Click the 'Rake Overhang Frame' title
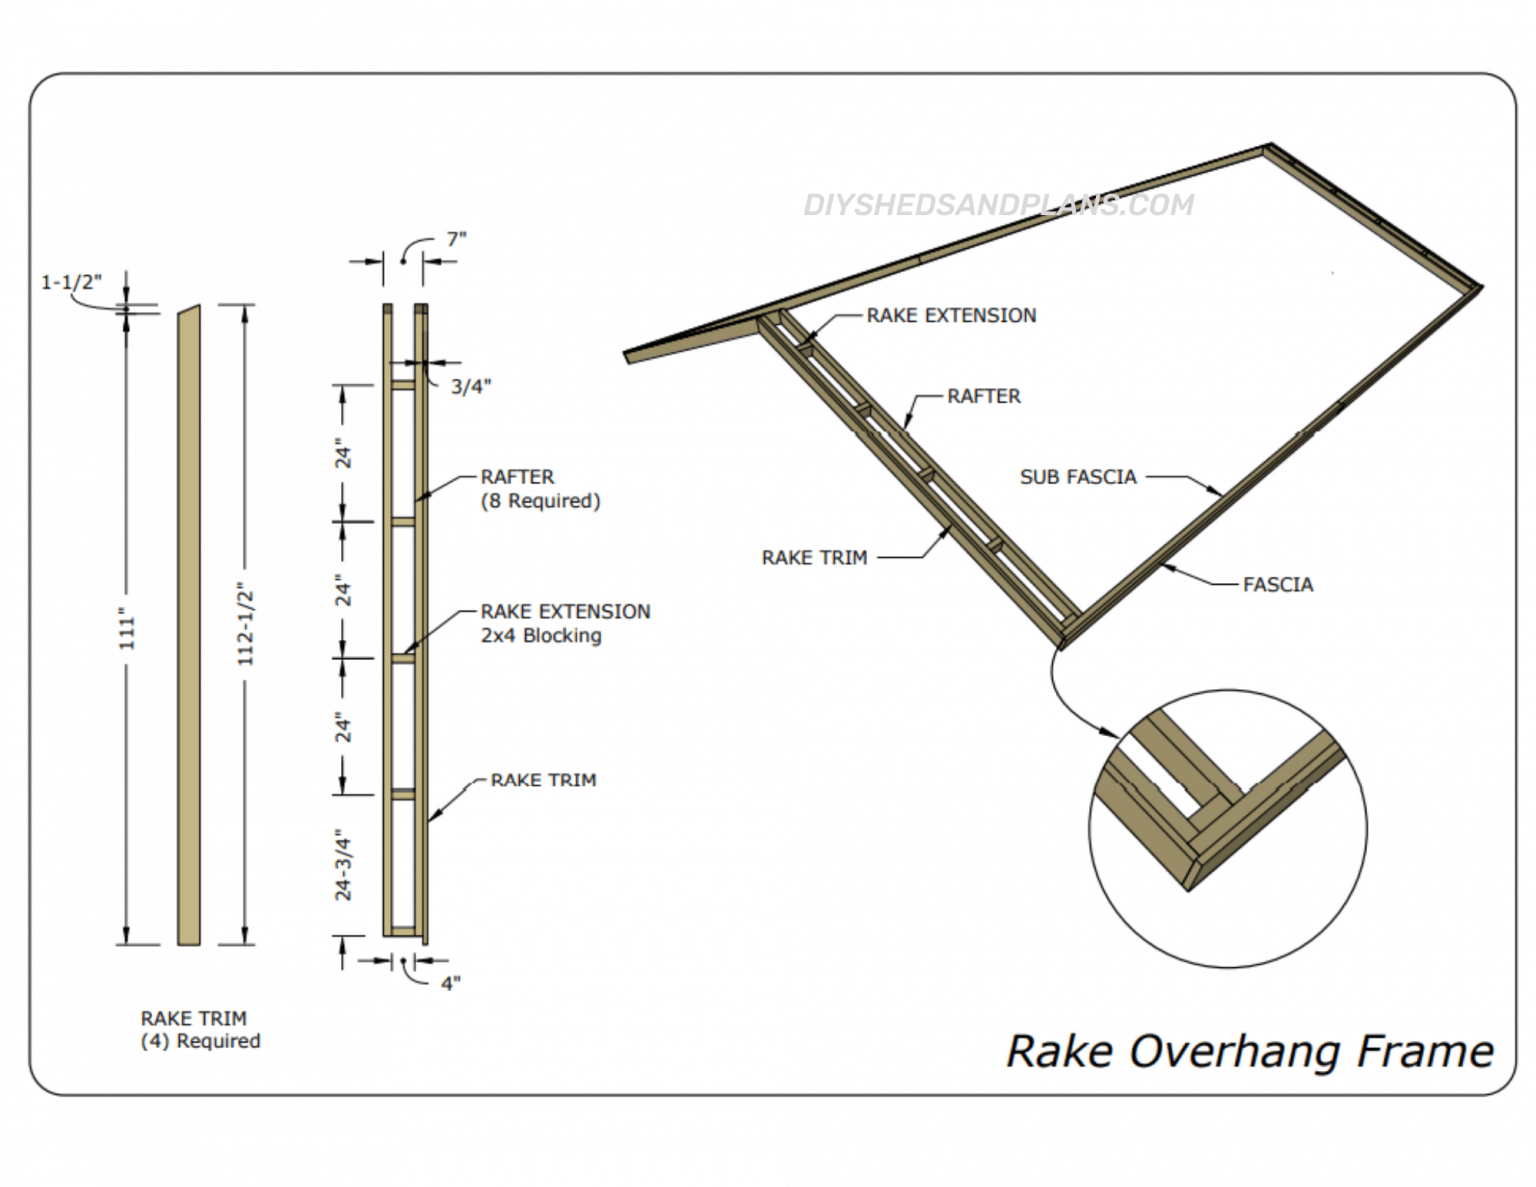point(1249,1051)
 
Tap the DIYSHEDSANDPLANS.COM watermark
point(998,205)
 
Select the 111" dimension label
point(127,628)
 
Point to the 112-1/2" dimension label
point(246,625)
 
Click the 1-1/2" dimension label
point(71,282)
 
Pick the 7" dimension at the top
point(456,239)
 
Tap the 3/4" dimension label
point(470,387)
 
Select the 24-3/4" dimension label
point(343,864)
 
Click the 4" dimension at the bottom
point(450,984)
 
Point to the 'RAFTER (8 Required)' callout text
point(540,489)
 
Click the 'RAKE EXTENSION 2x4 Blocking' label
point(565,623)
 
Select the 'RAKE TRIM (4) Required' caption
point(200,1030)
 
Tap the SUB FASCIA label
point(1078,477)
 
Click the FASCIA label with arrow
point(1277,584)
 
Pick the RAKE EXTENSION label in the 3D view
point(951,315)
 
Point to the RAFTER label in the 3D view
point(984,396)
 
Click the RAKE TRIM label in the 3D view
point(814,558)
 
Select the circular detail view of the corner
point(1227,828)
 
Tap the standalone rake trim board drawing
point(188,625)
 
